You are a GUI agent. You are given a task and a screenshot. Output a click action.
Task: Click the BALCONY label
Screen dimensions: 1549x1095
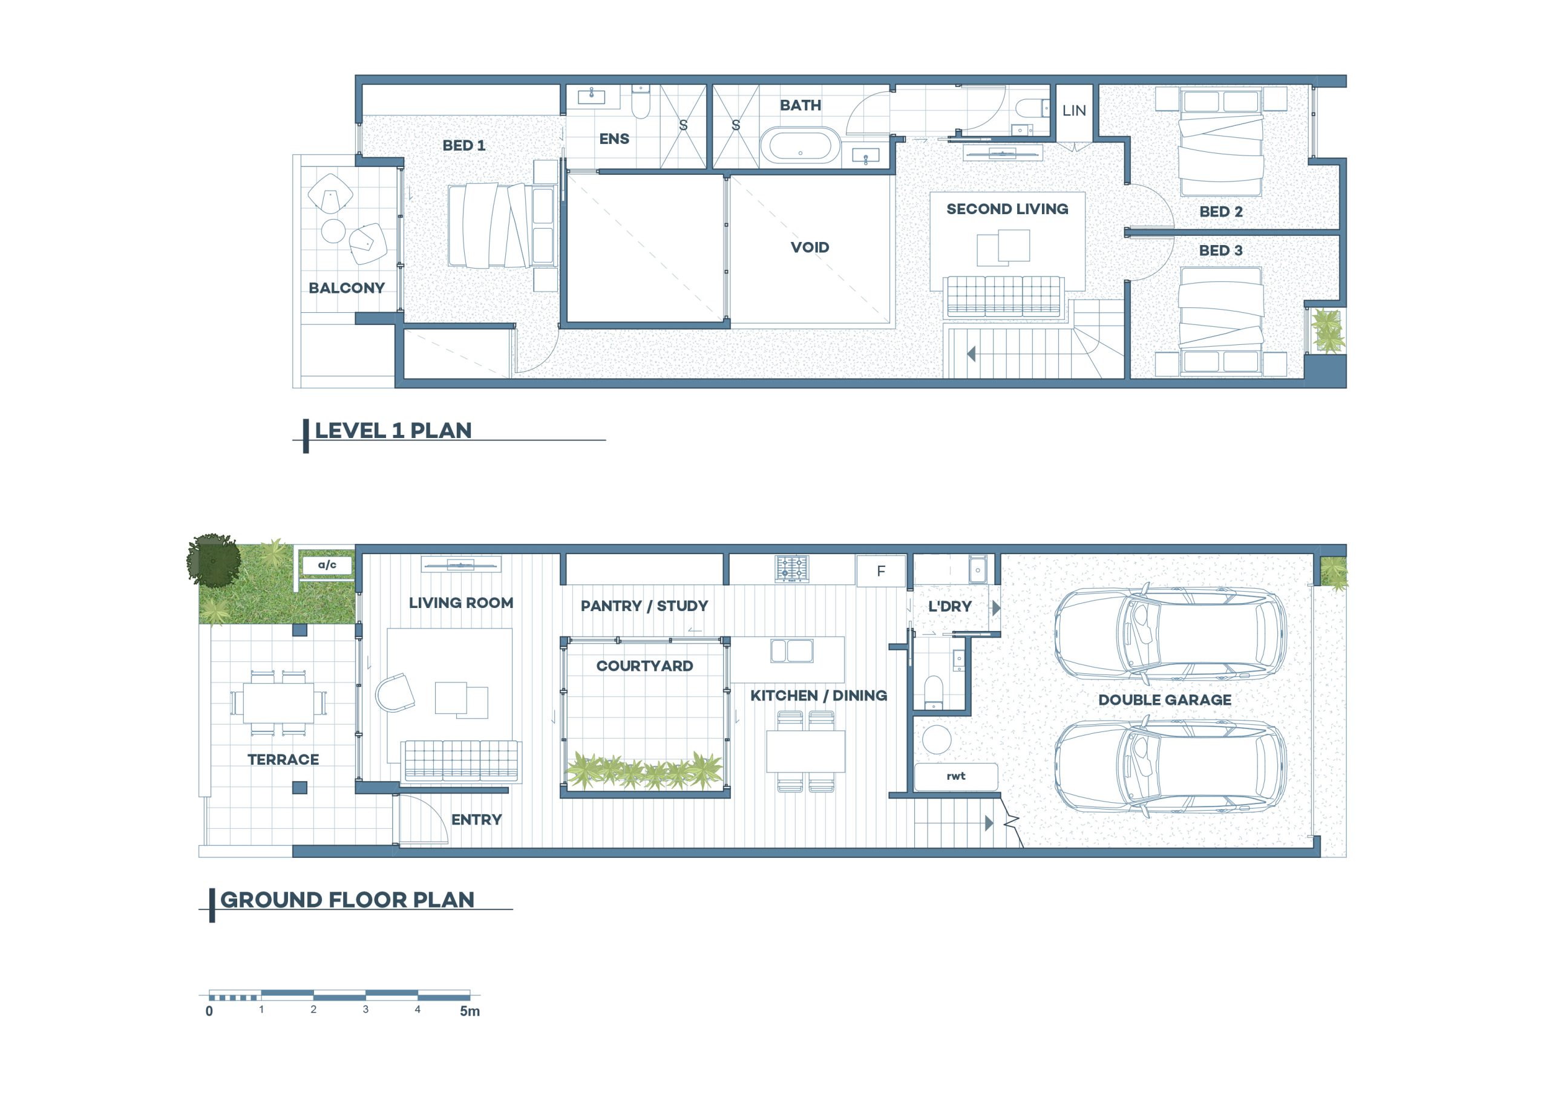(346, 288)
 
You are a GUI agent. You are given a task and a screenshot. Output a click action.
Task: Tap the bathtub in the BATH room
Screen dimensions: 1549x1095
(800, 146)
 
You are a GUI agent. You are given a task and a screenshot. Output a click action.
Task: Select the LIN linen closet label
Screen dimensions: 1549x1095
(1074, 111)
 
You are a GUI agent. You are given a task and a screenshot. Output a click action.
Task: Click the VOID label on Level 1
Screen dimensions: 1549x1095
(810, 247)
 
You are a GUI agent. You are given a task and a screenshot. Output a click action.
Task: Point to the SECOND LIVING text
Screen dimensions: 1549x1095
(1007, 209)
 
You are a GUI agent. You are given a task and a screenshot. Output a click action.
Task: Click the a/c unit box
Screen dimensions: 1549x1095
(327, 564)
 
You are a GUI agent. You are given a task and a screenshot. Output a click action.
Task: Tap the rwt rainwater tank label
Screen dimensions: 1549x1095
(955, 777)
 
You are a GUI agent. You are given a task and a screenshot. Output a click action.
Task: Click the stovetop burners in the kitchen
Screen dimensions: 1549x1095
(792, 568)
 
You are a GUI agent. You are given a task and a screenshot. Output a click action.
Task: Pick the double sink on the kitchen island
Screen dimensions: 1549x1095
(791, 651)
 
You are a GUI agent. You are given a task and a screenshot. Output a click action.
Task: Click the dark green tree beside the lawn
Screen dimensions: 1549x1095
(214, 560)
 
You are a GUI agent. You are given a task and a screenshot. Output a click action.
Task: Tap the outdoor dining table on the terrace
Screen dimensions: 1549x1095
(278, 702)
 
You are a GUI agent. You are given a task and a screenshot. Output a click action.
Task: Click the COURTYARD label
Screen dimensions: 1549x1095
(644, 666)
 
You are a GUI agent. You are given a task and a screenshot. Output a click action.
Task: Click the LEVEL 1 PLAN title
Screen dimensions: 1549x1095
(393, 431)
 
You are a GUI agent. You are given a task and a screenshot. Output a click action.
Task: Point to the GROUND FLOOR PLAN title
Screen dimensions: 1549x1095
(347, 900)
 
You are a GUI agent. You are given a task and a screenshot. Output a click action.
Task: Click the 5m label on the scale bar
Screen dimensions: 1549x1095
(470, 1012)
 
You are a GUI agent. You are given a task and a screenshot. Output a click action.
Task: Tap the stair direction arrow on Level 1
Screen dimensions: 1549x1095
(972, 353)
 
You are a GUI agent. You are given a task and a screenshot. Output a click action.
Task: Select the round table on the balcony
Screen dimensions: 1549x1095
(333, 230)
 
